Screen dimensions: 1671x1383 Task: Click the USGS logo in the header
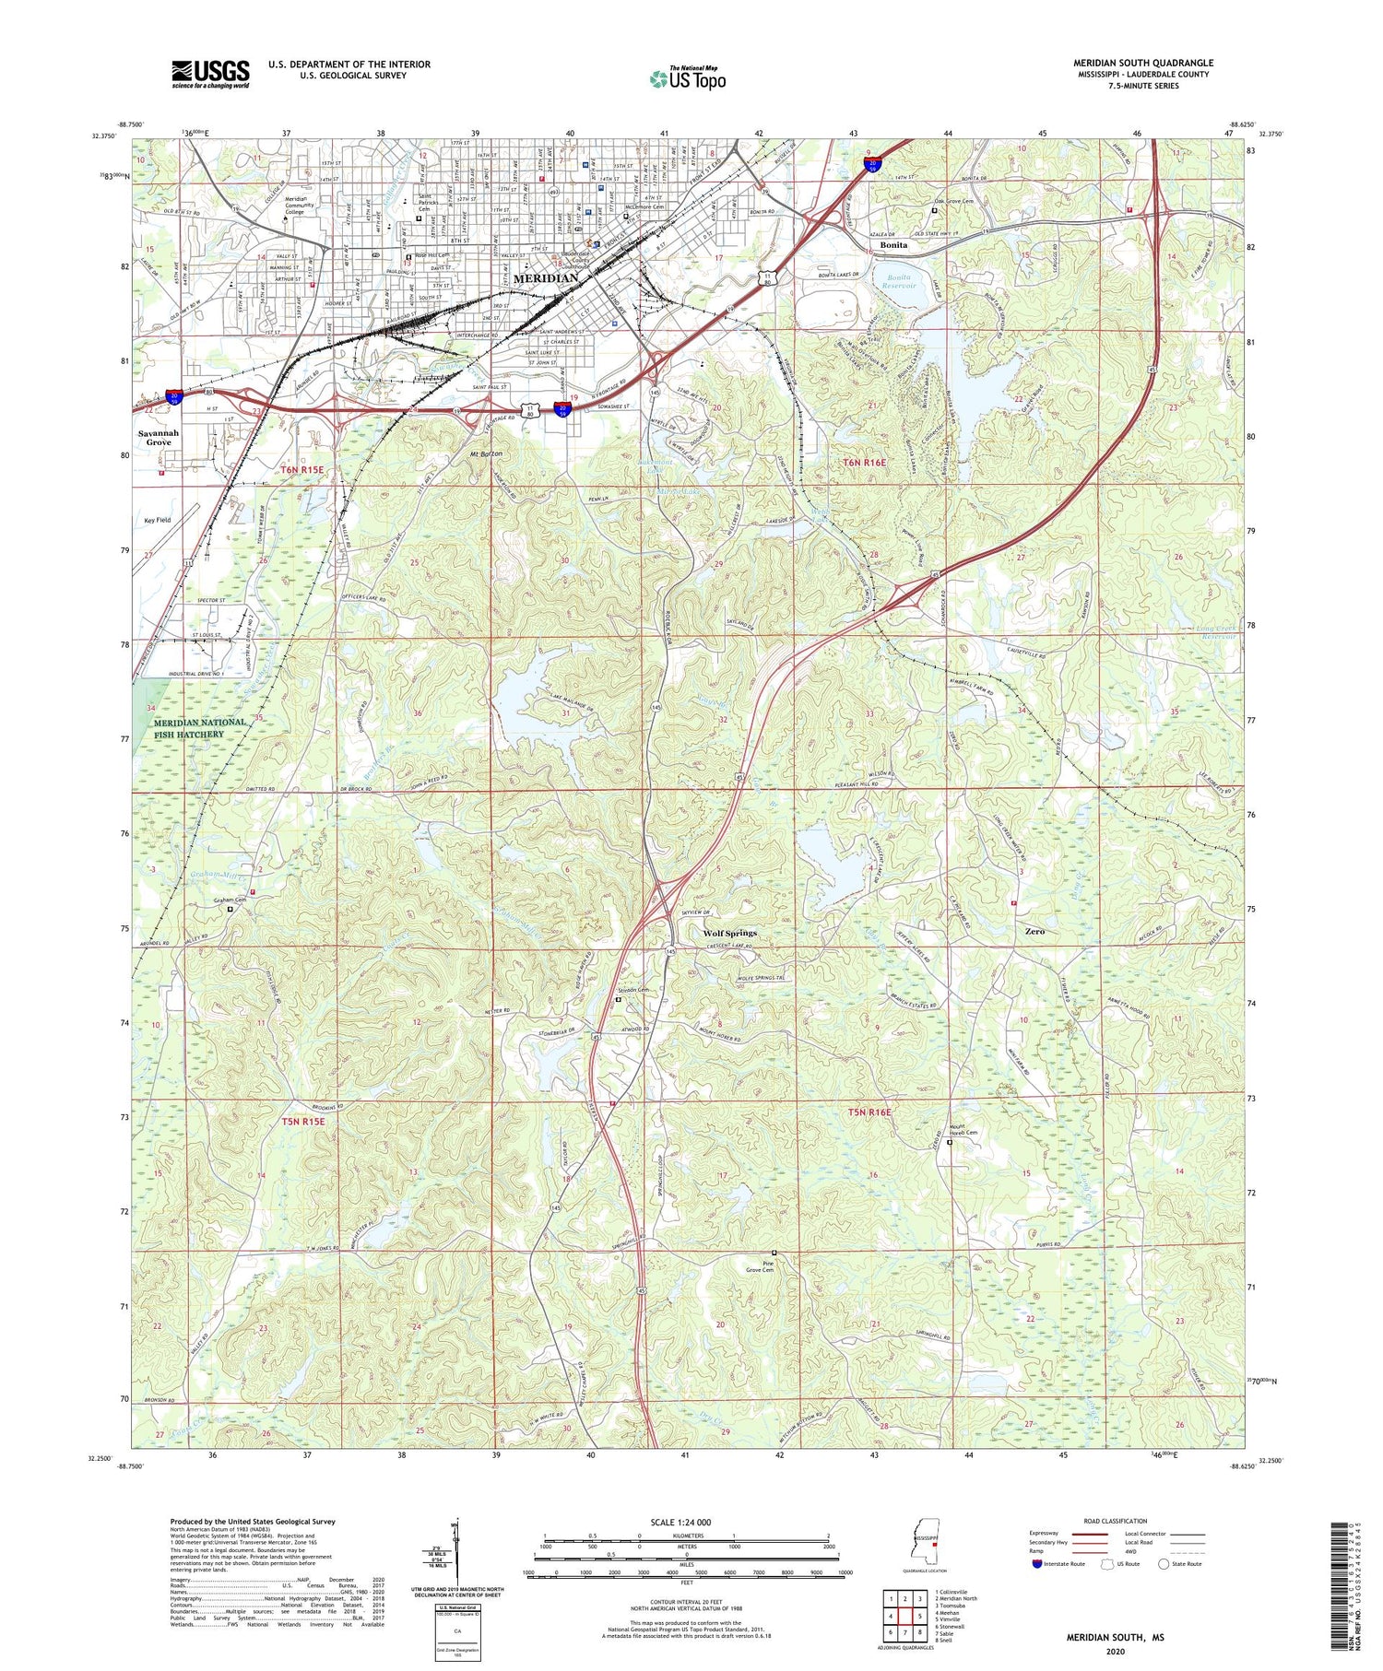210,74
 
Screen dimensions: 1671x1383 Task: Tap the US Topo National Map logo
688,79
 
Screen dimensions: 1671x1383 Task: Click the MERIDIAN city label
545,277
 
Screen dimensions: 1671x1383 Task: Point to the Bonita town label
892,245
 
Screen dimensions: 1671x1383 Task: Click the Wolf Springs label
729,933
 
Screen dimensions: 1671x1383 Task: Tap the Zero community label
1034,931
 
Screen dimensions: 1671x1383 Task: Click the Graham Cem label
230,900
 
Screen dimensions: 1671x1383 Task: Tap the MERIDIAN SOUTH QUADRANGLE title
1142,63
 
